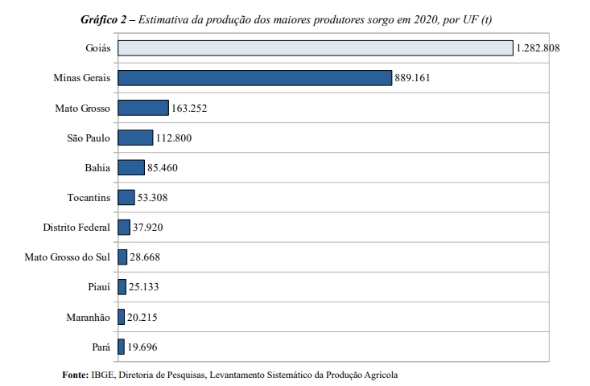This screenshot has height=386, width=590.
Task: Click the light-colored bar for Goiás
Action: click(x=315, y=48)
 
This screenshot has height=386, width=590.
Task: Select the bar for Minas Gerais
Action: click(x=254, y=78)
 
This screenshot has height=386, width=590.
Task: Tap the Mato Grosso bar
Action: click(x=142, y=108)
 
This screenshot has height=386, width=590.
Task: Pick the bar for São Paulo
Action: click(x=134, y=138)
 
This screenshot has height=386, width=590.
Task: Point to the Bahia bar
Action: click(x=130, y=167)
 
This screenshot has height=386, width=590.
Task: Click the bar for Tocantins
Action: click(x=126, y=197)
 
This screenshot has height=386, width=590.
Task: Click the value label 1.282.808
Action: click(x=538, y=48)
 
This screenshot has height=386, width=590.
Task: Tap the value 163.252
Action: click(x=191, y=108)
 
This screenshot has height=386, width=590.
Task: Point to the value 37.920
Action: click(x=149, y=228)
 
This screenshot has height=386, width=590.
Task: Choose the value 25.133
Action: click(x=145, y=287)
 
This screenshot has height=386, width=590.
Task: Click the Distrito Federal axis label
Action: click(x=76, y=228)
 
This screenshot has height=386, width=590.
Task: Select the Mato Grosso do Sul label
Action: click(x=68, y=257)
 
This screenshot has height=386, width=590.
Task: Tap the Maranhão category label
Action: click(x=88, y=317)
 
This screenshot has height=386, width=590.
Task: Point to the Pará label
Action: click(x=101, y=347)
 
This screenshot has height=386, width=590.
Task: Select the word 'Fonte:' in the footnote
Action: click(x=76, y=374)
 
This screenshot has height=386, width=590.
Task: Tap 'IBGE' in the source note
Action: click(x=104, y=374)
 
